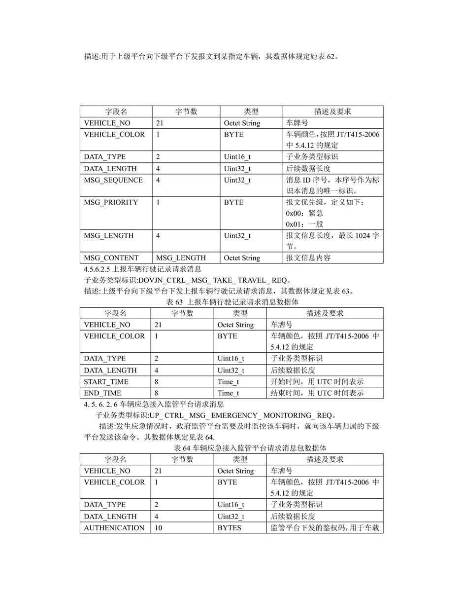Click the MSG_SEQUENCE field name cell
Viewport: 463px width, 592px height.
coord(113,180)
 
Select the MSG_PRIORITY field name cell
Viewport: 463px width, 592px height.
coord(111,202)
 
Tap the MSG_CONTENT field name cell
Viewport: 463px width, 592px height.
coord(111,258)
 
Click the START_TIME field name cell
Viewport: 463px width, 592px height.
coord(106,382)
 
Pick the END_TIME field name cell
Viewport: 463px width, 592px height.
coord(102,393)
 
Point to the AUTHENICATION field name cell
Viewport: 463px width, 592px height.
coord(114,528)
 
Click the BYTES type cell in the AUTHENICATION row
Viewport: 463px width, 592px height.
coord(230,528)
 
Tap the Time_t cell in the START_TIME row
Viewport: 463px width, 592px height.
coord(229,382)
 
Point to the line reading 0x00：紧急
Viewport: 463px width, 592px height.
coord(304,213)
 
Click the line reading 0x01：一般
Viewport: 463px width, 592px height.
coord(304,224)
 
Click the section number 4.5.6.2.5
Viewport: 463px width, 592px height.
coord(98,269)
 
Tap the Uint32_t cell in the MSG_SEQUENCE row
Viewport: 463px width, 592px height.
coord(237,180)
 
